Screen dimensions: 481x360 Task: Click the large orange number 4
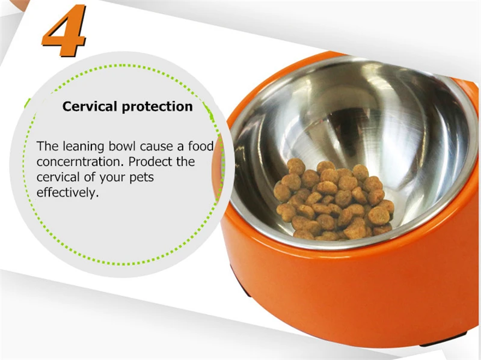64,30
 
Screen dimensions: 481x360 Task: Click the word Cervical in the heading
90,106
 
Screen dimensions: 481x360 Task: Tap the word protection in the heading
158,107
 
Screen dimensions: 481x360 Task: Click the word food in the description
201,146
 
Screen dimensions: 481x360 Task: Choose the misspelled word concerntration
80,162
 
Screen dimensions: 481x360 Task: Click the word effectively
68,192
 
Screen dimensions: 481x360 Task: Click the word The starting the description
47,146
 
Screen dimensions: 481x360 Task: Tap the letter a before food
180,147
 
